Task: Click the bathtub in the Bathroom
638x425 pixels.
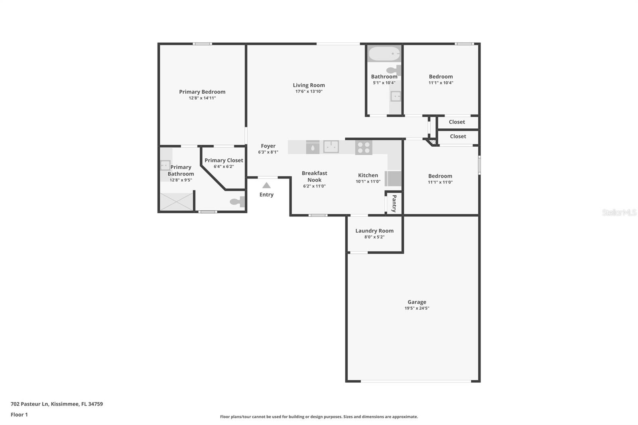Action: (x=384, y=53)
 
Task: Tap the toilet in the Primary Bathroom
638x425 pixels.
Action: (x=238, y=202)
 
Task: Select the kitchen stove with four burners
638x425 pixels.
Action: (x=363, y=148)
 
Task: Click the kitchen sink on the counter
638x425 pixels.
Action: (x=331, y=147)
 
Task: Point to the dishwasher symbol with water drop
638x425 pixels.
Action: (x=313, y=147)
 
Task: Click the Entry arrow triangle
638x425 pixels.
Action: (x=266, y=185)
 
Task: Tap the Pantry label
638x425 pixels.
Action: (x=394, y=203)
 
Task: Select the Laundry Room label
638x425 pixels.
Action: (x=374, y=231)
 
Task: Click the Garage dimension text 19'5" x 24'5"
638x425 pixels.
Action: (x=417, y=308)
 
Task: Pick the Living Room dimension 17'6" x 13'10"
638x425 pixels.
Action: (x=309, y=91)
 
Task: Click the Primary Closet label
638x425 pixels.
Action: (x=224, y=160)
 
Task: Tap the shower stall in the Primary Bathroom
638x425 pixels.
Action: (x=177, y=202)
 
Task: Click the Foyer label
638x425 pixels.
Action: (x=268, y=146)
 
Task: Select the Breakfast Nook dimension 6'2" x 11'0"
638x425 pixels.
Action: (x=314, y=186)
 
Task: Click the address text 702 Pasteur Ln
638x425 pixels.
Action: (x=30, y=404)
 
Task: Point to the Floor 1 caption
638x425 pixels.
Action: (x=19, y=415)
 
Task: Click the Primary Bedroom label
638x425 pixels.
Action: (x=202, y=92)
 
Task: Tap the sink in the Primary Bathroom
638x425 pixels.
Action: (x=165, y=165)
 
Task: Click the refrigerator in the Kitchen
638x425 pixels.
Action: (x=393, y=179)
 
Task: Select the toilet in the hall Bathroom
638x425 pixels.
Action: (x=394, y=70)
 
